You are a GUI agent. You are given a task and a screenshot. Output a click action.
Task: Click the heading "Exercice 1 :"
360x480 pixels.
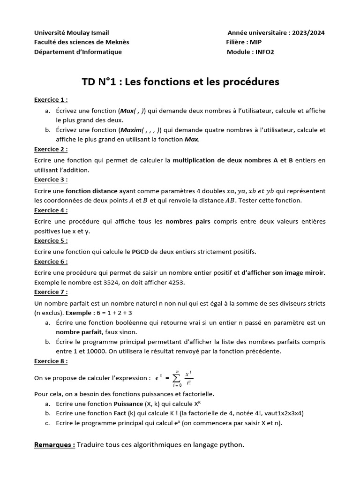[x=51, y=100]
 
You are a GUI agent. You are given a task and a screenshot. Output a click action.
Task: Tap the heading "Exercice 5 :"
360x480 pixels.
[x=51, y=240]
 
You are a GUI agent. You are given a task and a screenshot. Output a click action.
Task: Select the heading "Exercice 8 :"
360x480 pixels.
[x=51, y=361]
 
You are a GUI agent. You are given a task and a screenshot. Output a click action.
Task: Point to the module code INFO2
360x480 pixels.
[x=263, y=52]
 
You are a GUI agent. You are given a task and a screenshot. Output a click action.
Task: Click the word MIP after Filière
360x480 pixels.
[x=256, y=42]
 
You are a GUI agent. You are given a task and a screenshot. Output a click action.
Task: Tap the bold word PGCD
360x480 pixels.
[x=140, y=252]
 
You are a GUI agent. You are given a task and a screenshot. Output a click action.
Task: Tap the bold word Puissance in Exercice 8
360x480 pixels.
[x=128, y=404]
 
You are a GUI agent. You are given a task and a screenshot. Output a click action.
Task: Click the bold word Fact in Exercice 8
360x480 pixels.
[x=120, y=413]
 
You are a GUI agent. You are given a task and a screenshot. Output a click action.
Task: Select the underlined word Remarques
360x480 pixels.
[x=54, y=445]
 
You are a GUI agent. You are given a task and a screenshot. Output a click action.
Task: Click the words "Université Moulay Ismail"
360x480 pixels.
[x=71, y=33]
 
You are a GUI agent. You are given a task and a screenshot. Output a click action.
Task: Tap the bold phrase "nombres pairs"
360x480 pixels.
[x=188, y=221]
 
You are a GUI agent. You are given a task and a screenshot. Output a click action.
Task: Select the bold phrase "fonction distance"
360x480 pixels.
[x=91, y=191]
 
